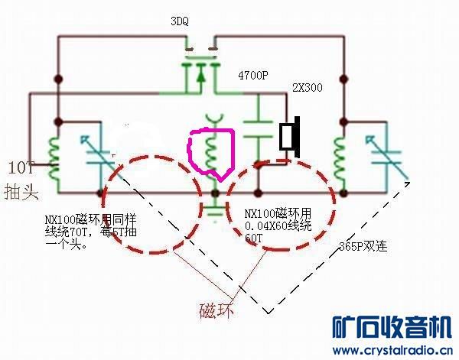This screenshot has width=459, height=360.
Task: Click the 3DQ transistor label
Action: coord(181,23)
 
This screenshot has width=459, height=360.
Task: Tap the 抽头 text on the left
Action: coord(21,190)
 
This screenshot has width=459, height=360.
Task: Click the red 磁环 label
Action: coord(216,311)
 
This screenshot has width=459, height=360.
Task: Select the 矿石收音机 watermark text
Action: coord(390,328)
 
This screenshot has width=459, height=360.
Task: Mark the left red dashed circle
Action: coord(145,205)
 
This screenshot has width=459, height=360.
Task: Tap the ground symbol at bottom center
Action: coord(216,209)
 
